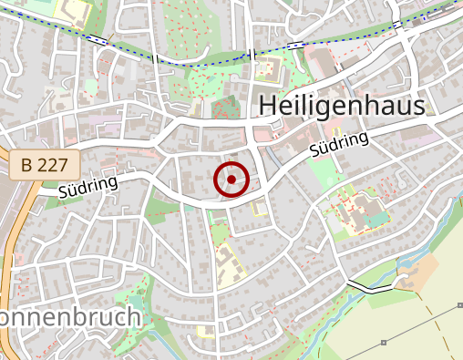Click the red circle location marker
click(231, 180)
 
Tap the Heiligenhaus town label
click(342, 107)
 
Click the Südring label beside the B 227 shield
click(88, 188)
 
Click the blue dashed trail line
click(201, 59)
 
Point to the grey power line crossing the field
click(401, 334)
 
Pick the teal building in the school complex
click(374, 214)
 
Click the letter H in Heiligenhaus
click(267, 107)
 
